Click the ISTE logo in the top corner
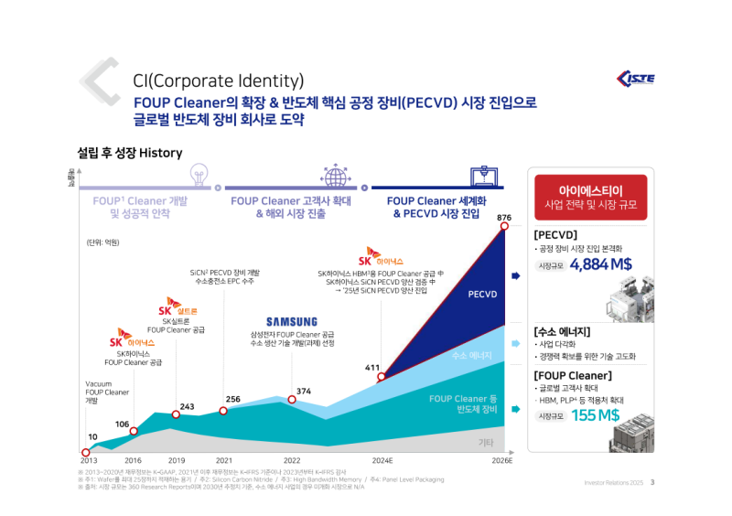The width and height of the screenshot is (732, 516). click(x=635, y=77)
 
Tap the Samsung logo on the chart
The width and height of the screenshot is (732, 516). click(x=292, y=322)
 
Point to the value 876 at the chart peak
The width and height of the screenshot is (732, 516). click(x=503, y=217)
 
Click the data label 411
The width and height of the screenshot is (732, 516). click(x=372, y=368)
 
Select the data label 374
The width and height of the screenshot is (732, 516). click(x=304, y=391)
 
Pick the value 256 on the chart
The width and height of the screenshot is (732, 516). click(x=233, y=399)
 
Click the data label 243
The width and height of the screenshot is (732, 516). click(x=187, y=406)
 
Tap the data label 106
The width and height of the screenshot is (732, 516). click(x=122, y=424)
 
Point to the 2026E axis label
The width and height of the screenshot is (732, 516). click(x=502, y=460)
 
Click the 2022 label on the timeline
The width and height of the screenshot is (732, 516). click(x=292, y=460)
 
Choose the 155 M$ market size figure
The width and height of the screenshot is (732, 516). click(x=595, y=414)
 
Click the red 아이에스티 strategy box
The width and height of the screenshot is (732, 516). click(x=590, y=197)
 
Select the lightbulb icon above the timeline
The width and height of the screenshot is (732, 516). click(x=199, y=174)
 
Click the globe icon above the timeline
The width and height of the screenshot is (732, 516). click(x=334, y=174)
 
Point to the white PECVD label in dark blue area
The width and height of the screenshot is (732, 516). click(x=482, y=295)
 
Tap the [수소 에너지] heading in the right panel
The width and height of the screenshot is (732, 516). click(x=562, y=330)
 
